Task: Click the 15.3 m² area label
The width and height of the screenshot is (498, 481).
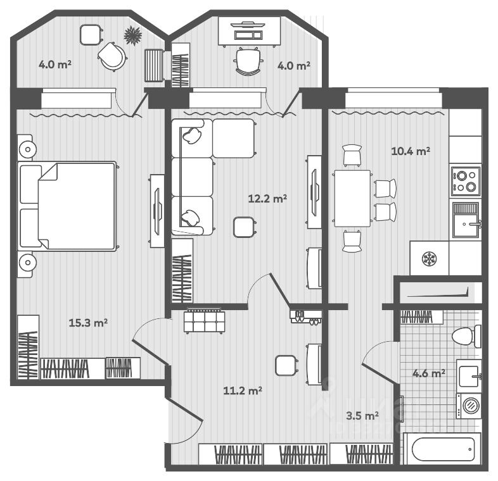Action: (88, 323)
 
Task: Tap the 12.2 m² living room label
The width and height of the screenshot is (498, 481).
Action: (267, 199)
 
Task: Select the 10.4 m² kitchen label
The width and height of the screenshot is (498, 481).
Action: (411, 151)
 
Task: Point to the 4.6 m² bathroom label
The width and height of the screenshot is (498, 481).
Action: (428, 373)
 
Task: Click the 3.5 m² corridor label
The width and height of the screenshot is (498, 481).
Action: (362, 415)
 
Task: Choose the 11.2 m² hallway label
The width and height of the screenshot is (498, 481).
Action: (243, 390)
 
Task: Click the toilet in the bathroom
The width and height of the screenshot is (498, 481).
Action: (466, 336)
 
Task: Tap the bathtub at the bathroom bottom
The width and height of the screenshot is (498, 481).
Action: (443, 449)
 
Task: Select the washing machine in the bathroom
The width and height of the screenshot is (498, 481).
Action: (469, 406)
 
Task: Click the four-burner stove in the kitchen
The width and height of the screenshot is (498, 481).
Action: (466, 181)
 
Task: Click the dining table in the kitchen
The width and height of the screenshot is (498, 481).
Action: (352, 199)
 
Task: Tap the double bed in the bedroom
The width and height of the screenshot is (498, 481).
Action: (67, 206)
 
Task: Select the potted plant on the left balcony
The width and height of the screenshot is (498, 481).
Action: (133, 35)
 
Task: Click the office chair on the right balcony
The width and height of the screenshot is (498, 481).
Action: (248, 62)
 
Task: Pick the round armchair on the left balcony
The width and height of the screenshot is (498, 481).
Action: (112, 56)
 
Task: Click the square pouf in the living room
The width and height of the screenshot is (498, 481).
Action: (243, 227)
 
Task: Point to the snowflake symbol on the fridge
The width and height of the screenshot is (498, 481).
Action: (430, 259)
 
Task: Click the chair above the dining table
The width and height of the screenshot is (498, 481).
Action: (352, 155)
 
